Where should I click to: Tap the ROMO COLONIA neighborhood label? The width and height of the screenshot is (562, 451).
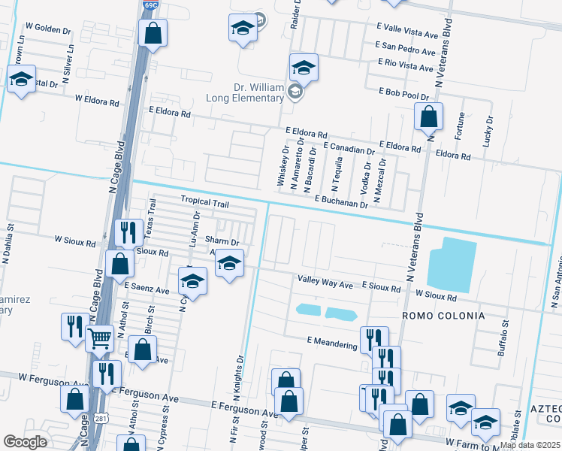(x=443, y=315)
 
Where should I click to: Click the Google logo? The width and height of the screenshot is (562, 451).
(x=25, y=442)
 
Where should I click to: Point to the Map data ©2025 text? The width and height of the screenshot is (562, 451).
(x=530, y=445)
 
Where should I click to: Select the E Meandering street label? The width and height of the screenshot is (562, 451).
(x=332, y=343)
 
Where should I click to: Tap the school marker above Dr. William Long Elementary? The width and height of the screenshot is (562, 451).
(x=304, y=68)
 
